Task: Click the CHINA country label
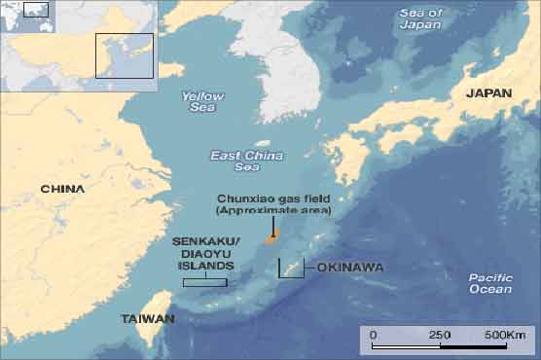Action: [x=62, y=189]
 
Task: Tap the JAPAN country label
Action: [x=489, y=93]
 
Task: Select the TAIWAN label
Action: [x=148, y=319]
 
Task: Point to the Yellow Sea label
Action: [x=202, y=102]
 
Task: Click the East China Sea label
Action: [x=247, y=162]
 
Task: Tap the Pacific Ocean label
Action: [x=489, y=283]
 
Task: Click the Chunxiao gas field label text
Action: [x=273, y=204]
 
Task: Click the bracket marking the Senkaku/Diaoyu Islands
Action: [x=205, y=282]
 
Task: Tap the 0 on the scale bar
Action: [x=374, y=335]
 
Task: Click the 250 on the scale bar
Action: [x=439, y=335]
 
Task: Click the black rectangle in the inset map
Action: [x=124, y=55]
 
